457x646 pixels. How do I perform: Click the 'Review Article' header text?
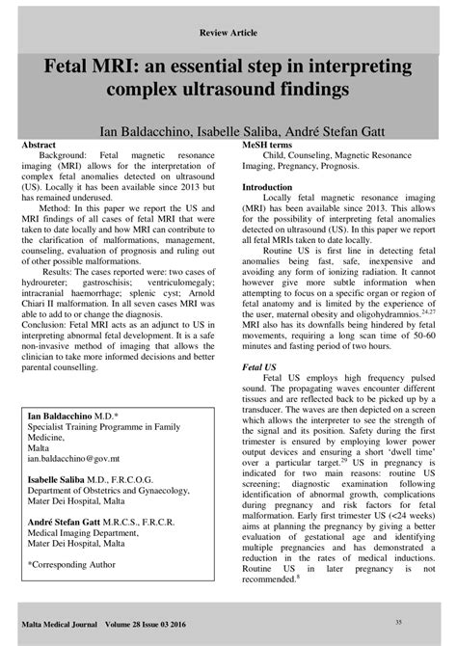228,32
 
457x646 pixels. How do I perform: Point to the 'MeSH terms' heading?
271,143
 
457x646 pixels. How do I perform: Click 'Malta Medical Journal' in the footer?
70,623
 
